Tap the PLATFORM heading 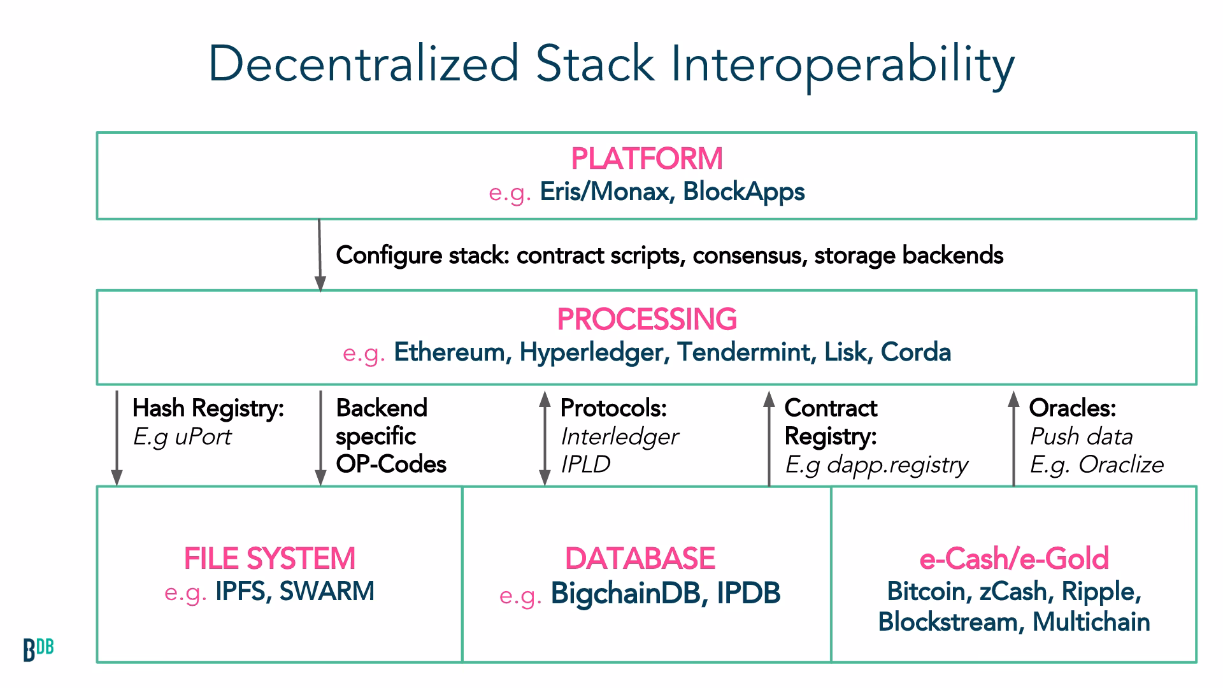pos(647,159)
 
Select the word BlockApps pos(743,192)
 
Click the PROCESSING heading pos(647,319)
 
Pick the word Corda pos(915,352)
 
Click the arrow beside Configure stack pos(320,255)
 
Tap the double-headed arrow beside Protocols pos(545,438)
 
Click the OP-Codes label pos(391,464)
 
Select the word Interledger pos(619,437)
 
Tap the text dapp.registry pos(897,465)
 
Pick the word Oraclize pos(1120,465)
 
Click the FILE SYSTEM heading pos(269,559)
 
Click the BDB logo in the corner pos(38,649)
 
